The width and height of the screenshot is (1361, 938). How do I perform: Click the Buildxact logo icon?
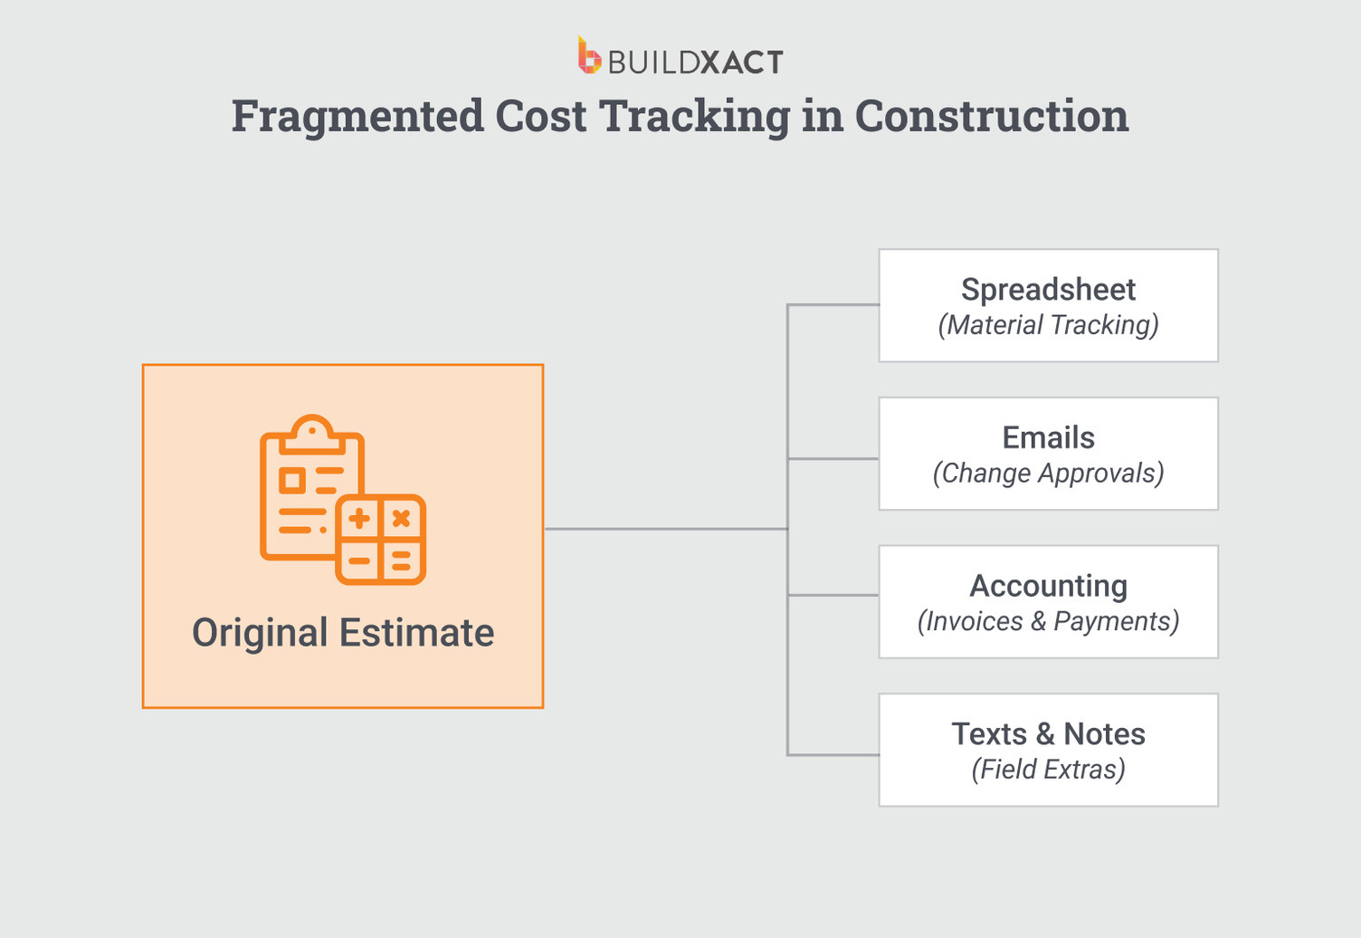pos(589,56)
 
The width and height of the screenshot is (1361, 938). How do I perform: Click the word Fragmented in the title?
pos(357,117)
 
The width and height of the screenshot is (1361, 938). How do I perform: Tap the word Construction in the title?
pos(991,117)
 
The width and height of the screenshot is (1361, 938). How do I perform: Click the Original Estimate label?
pos(343,633)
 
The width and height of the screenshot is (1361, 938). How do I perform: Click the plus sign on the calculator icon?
pos(359,519)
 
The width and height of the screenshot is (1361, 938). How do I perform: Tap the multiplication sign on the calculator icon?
pos(401,519)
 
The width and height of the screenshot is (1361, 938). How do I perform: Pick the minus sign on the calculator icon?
pos(359,561)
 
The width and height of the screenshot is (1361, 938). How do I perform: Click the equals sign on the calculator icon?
pos(401,561)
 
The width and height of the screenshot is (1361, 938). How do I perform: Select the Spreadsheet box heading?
pos(1048,290)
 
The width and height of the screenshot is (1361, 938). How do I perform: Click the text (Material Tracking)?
pos(1048,325)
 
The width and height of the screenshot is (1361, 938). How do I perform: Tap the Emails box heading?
pos(1048,438)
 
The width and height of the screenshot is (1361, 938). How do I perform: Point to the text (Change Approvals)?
pos(1048,474)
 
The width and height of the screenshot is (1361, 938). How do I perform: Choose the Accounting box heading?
pos(1048,587)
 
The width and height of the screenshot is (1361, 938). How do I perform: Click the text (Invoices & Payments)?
pos(1048,622)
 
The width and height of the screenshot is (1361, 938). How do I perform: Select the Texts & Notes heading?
pos(1048,734)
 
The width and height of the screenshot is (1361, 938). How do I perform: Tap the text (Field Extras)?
pos(1048,770)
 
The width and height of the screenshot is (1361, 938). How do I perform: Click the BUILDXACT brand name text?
pos(695,62)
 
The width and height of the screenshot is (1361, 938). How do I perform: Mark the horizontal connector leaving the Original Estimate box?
pos(665,529)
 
